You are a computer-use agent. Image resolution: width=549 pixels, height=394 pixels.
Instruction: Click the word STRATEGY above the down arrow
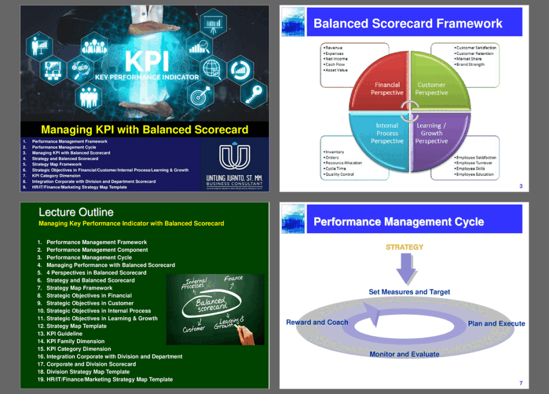405,247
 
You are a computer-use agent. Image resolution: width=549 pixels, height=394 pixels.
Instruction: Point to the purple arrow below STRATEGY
406,269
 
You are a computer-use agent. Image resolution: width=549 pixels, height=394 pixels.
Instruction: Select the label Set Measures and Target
409,292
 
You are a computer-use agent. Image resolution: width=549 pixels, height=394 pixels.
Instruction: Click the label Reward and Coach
317,322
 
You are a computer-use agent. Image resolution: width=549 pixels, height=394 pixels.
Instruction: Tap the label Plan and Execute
496,324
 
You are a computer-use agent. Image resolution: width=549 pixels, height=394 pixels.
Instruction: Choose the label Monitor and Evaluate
405,354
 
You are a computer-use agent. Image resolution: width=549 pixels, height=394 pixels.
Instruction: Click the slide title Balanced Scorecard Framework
408,24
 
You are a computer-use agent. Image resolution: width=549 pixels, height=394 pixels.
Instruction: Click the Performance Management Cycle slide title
399,222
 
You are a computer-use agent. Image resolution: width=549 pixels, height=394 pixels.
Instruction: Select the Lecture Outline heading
76,212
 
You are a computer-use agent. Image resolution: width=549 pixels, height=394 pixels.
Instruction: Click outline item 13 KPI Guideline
64,334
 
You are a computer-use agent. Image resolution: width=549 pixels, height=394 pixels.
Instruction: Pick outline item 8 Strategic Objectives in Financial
89,296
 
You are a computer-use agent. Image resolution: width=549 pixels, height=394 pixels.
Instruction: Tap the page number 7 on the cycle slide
521,383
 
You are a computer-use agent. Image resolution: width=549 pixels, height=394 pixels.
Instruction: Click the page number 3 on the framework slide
521,186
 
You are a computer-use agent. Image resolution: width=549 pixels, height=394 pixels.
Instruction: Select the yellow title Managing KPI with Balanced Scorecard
144,130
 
